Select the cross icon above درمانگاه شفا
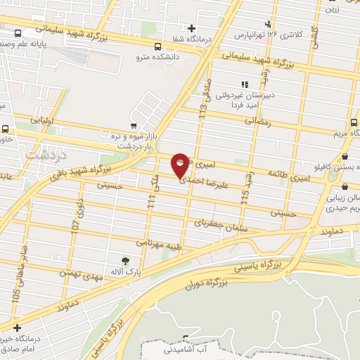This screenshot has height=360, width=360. coord(191,27)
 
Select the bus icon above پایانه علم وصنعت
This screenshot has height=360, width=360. coord(17,32)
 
